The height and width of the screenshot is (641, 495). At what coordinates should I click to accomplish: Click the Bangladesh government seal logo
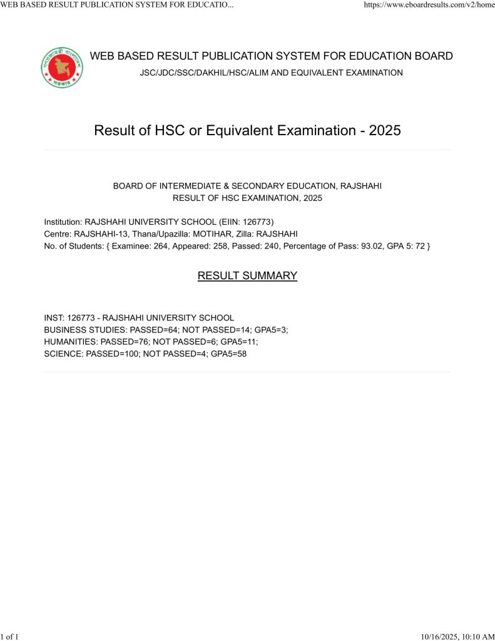pyautogui.click(x=62, y=67)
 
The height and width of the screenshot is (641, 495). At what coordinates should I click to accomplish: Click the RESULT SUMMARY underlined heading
pyautogui.click(x=247, y=275)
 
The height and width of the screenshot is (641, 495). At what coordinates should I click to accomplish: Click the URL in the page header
pyautogui.click(x=425, y=5)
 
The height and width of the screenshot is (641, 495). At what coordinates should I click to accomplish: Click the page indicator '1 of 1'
pyautogui.click(x=10, y=637)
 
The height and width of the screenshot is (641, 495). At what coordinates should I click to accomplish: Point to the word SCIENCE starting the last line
pyautogui.click(x=63, y=354)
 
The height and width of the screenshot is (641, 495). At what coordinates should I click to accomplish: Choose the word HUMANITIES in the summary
pyautogui.click(x=70, y=342)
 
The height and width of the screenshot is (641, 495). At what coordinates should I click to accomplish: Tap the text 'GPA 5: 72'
pyautogui.click(x=404, y=245)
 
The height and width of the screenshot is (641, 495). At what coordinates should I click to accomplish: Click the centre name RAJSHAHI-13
pyautogui.click(x=100, y=233)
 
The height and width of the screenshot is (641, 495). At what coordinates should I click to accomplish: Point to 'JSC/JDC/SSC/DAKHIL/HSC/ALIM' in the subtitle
pyautogui.click(x=201, y=73)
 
